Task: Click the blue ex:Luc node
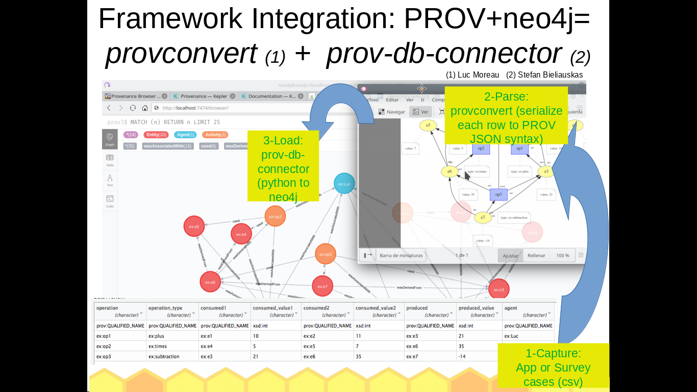point(344,184)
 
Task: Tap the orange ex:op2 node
point(275,216)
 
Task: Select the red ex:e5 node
point(194,226)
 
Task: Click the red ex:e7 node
point(322,286)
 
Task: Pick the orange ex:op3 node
point(325,254)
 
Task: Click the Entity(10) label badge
point(156,135)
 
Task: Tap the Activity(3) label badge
point(215,135)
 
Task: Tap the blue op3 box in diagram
point(499,194)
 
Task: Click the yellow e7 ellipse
point(482,218)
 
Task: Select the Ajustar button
point(510,255)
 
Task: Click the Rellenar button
point(536,255)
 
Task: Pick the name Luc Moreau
point(472,75)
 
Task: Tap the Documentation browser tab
point(270,96)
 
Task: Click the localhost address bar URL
point(195,108)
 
